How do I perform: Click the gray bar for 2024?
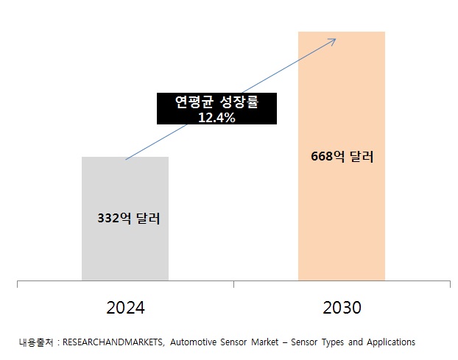coord(124,250)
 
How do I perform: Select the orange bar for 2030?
coord(341,221)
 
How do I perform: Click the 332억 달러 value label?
coord(129,219)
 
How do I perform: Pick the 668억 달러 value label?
coord(342,156)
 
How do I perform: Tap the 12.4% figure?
coord(216,117)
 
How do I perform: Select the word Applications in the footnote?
coord(390,342)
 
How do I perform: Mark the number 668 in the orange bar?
coord(323,156)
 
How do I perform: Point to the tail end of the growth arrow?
coord(127,159)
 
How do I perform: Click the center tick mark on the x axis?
coord(233,283)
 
